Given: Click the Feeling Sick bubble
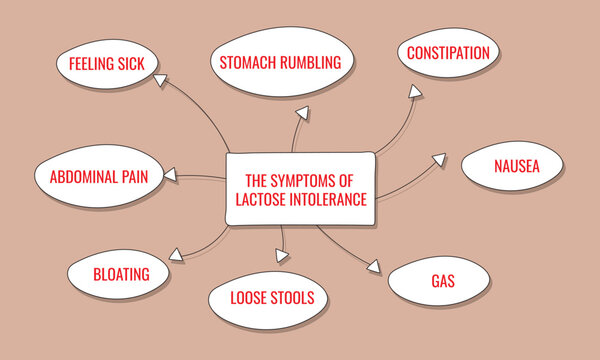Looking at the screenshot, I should (x=106, y=64).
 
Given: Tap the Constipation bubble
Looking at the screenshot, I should (x=447, y=52).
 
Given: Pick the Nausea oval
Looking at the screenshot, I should (x=516, y=167).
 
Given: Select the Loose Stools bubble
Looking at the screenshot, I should (x=272, y=297).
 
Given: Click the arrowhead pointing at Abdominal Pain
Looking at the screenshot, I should (x=172, y=176).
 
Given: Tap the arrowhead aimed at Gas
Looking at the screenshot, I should (x=374, y=268).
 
